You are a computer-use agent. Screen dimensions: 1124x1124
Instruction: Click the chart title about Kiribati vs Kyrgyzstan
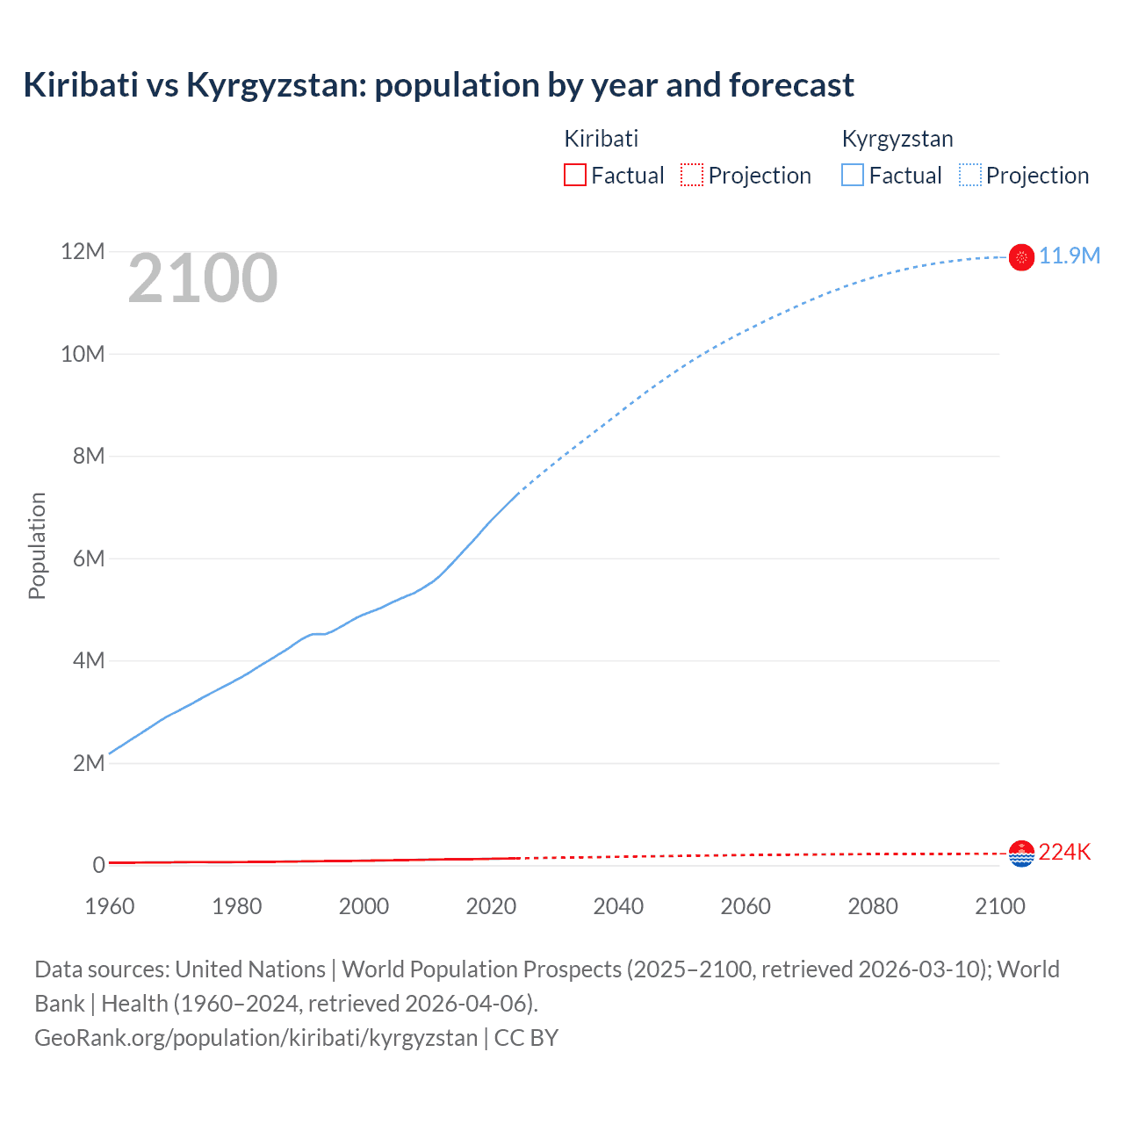point(438,85)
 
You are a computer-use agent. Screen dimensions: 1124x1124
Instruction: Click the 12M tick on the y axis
point(83,252)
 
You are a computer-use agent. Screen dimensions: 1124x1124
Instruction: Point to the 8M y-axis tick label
point(88,457)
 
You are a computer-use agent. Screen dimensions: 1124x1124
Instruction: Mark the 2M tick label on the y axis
point(88,763)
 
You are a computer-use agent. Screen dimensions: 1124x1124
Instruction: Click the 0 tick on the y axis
point(98,865)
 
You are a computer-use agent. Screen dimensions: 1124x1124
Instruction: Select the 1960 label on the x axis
point(110,906)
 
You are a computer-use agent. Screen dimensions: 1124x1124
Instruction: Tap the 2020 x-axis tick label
point(491,906)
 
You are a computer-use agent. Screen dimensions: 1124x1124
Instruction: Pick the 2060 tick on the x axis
point(746,906)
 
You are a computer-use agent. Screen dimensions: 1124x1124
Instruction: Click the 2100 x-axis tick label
point(999,906)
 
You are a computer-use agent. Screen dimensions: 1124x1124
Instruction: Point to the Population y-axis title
point(37,545)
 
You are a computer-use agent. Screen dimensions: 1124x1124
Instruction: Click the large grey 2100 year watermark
point(203,279)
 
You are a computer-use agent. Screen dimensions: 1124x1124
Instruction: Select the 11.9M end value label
point(1069,256)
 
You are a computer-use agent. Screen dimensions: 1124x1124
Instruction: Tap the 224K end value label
point(1064,852)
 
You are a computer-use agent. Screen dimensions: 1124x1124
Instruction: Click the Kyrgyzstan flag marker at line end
point(1021,257)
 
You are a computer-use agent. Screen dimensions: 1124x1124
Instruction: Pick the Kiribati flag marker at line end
point(1021,854)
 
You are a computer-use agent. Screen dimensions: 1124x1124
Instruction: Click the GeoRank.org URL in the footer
point(256,1038)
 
